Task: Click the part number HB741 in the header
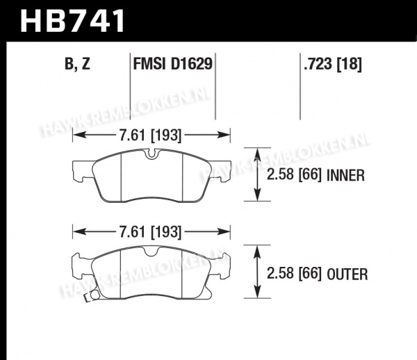pos(72,20)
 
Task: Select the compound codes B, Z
pos(77,64)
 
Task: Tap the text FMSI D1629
pos(173,64)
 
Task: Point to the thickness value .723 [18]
pos(333,64)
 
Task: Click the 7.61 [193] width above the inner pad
pos(150,135)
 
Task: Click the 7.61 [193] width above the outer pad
pos(150,232)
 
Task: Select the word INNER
pos(345,175)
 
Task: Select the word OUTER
pos(347,274)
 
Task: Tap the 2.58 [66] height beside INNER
pos(294,175)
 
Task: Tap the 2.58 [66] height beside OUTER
pos(294,274)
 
